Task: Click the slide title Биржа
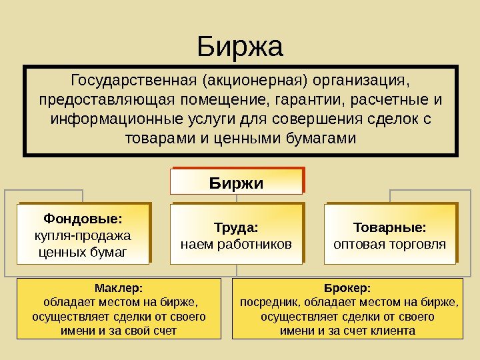coord(240,47)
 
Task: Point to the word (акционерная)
coord(253,81)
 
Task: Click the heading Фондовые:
coord(83,219)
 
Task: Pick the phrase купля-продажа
coord(83,235)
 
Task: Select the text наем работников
coord(237,244)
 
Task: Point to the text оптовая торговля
coord(390,244)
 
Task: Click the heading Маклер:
coord(119,288)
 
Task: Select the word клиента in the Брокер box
coord(393,331)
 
